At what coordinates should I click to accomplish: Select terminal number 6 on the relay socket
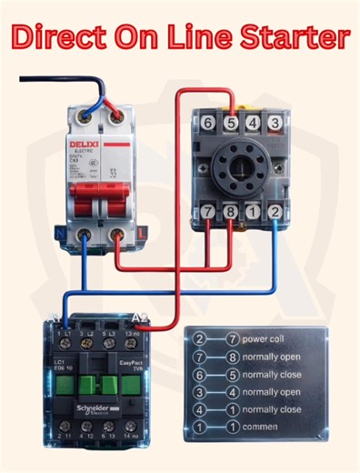(208, 122)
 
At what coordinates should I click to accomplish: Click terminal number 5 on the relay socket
(231, 122)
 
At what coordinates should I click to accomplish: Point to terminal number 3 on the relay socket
(275, 122)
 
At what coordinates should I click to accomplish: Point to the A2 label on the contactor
(141, 317)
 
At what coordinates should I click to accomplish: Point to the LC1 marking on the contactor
(60, 360)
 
